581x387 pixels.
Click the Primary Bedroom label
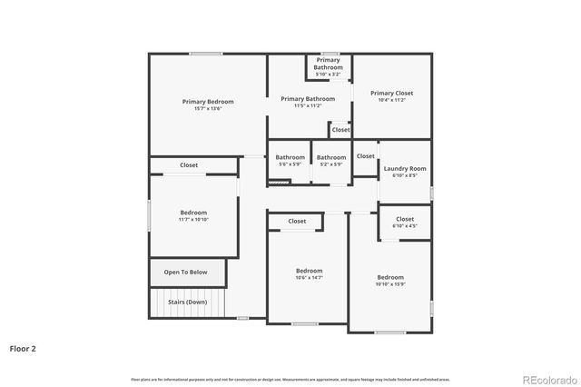207,102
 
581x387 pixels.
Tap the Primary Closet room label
391,93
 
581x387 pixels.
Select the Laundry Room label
404,169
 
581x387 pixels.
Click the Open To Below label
185,272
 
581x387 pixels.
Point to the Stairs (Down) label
187,302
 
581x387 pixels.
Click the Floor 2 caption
23,347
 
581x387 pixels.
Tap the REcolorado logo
547,378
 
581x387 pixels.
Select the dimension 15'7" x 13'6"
207,109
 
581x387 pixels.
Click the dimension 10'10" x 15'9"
390,284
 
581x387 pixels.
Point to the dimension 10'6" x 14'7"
309,278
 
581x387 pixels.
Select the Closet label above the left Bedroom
189,165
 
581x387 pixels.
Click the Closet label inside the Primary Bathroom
340,130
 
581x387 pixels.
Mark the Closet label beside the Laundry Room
365,156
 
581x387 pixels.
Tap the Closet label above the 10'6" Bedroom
297,221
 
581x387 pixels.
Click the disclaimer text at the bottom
290,379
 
